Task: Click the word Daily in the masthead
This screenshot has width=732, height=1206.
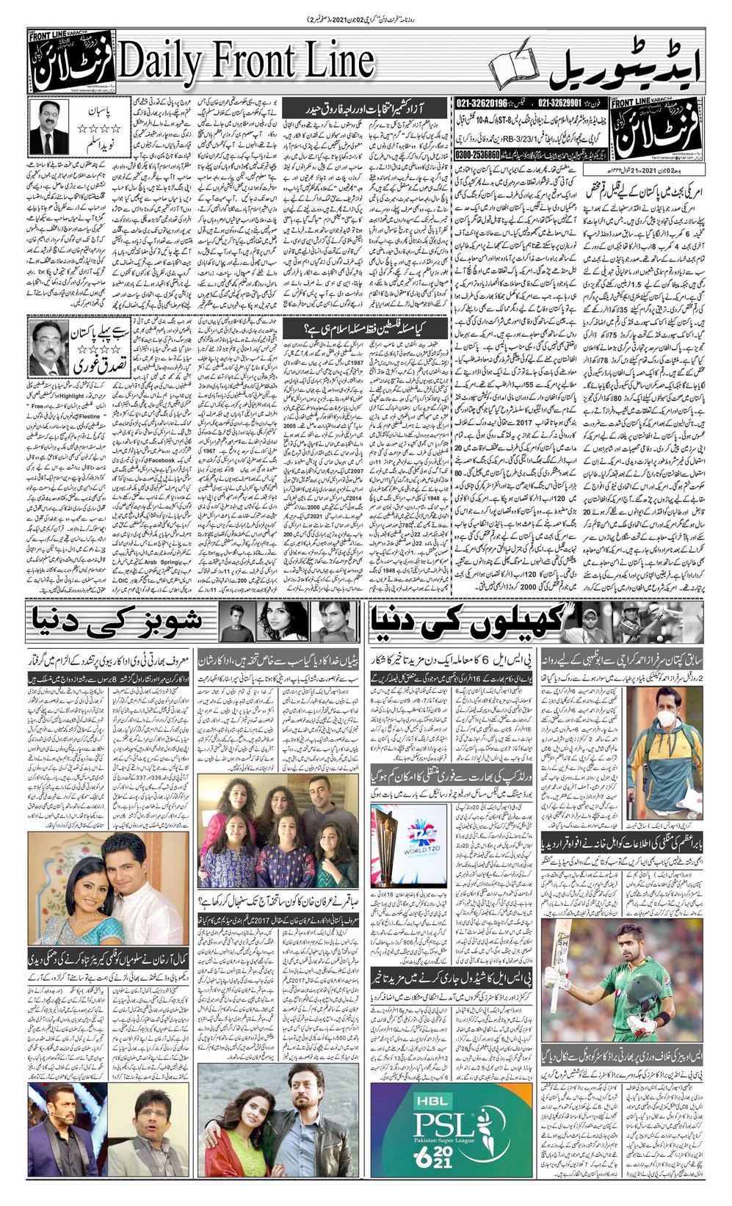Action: (x=159, y=64)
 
